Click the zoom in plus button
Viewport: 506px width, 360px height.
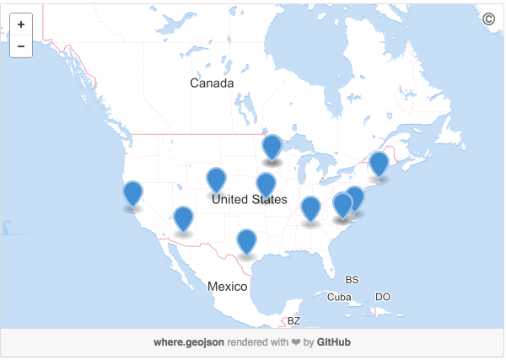[21, 25]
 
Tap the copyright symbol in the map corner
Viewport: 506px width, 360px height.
[488, 19]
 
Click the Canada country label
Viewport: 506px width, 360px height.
[212, 83]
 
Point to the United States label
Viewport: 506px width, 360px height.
[250, 200]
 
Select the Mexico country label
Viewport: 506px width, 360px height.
[228, 287]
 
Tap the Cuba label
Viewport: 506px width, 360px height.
[339, 297]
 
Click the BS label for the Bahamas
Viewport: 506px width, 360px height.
[353, 279]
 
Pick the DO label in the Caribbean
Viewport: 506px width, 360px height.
[383, 297]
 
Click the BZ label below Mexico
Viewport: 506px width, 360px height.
[293, 320]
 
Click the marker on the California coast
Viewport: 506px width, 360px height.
[132, 192]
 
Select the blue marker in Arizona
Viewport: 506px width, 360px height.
[183, 218]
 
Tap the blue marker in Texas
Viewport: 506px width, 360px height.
[245, 240]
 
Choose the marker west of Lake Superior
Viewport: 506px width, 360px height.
[272, 147]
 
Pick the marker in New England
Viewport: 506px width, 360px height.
[379, 164]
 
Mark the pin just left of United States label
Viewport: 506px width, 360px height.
[217, 180]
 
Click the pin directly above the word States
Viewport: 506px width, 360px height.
[266, 185]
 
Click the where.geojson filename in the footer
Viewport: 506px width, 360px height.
[189, 342]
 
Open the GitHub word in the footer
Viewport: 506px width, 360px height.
[334, 342]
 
